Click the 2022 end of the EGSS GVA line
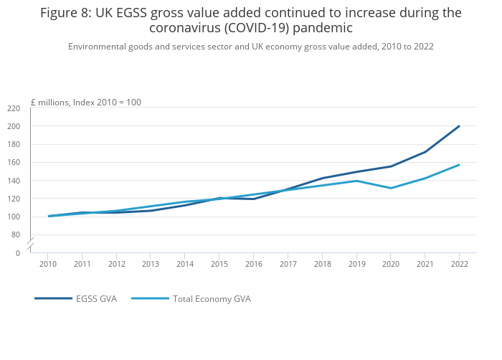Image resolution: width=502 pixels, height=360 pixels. [459, 126]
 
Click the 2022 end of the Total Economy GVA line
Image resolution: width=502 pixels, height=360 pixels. [459, 165]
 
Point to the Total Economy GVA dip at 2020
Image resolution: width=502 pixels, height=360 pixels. [391, 188]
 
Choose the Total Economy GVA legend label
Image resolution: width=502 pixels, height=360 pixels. [212, 298]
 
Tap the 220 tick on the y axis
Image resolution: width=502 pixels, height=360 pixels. [14, 108]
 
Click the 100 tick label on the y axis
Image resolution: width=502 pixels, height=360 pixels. [14, 217]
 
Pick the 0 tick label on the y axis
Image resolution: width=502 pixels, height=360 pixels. [17, 253]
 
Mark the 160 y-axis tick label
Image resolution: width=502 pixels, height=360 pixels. [14, 163]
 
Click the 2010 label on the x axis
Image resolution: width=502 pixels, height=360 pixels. [48, 264]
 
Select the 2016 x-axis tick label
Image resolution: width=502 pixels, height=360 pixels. [254, 264]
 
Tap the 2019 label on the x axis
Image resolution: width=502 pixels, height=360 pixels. [356, 264]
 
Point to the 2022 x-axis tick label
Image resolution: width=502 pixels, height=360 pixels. [460, 264]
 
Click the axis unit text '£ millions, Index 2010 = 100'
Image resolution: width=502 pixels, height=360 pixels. [85, 103]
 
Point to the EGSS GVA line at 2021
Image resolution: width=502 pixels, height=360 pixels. [425, 151]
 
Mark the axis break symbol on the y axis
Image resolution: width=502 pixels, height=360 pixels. [31, 244]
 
